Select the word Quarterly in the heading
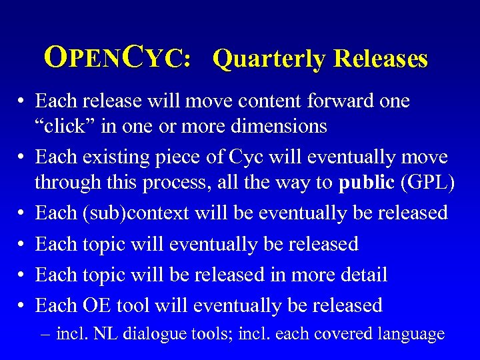[268, 59]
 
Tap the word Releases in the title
[381, 59]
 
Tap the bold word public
[367, 181]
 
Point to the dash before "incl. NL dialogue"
[46, 334]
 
